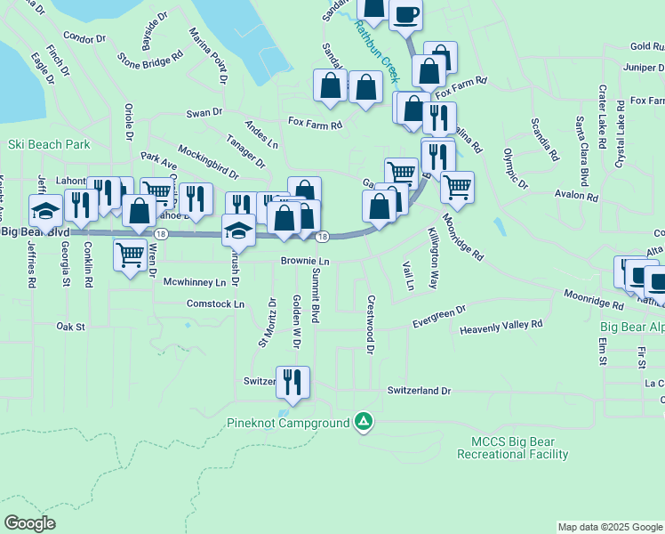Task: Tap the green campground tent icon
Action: coord(363,421)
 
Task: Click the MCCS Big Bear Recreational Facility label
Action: coord(512,448)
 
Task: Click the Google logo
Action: coord(30,522)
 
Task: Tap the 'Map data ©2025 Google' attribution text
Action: coord(610,527)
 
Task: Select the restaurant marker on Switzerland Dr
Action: coord(292,382)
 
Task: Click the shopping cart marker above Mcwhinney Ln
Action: coord(131,255)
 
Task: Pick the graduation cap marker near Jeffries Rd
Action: coord(45,211)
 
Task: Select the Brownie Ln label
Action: coord(305,262)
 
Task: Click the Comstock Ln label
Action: coord(215,303)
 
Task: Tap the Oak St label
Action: coord(69,327)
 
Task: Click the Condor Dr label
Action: coord(84,39)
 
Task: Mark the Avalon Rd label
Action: coord(577,194)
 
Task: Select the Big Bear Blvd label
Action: coord(35,232)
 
